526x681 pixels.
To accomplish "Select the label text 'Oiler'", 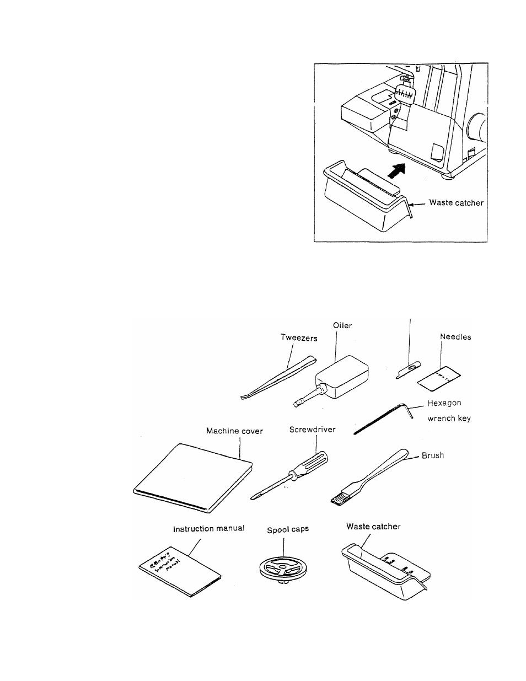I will [342, 326].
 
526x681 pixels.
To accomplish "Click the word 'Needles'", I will [455, 337].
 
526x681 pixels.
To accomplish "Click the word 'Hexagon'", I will [444, 404].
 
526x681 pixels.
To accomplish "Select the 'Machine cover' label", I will [234, 431].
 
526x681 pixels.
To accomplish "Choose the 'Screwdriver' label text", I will [313, 429].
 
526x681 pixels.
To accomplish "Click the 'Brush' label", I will [433, 456].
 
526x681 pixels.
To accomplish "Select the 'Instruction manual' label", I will [209, 528].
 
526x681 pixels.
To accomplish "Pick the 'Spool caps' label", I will [288, 529].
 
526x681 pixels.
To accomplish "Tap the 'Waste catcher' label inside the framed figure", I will [456, 203].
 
